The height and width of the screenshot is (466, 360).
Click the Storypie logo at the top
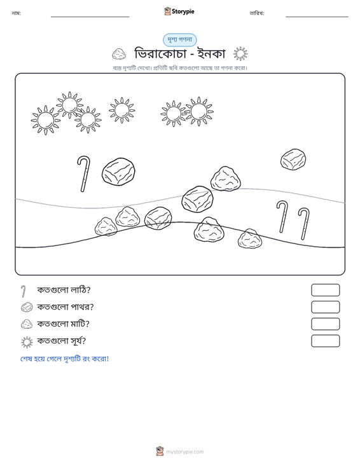click(x=179, y=11)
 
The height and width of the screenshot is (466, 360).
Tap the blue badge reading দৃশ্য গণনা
click(x=179, y=40)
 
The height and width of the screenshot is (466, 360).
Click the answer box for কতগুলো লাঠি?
click(x=325, y=290)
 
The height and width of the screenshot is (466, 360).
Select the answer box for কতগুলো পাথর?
click(x=325, y=307)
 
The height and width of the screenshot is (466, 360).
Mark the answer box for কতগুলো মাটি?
click(x=325, y=324)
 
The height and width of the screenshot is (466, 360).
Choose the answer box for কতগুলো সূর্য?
click(x=325, y=341)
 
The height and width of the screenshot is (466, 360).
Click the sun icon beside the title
click(x=240, y=54)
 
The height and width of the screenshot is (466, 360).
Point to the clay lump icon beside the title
click(x=119, y=54)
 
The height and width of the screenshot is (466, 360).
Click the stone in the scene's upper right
click(x=293, y=160)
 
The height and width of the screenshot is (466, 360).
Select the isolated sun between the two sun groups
click(x=121, y=110)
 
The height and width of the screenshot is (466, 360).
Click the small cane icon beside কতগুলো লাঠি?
click(x=24, y=291)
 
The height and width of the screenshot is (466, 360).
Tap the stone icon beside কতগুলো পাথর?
click(x=27, y=307)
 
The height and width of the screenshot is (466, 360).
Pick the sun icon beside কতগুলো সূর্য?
click(x=27, y=342)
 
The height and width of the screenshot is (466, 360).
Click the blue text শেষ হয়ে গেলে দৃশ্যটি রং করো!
click(x=64, y=359)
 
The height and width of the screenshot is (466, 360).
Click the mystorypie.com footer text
click(x=185, y=452)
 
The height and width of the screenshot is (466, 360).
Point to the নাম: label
click(x=16, y=13)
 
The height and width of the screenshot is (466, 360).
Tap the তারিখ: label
click(x=257, y=13)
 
